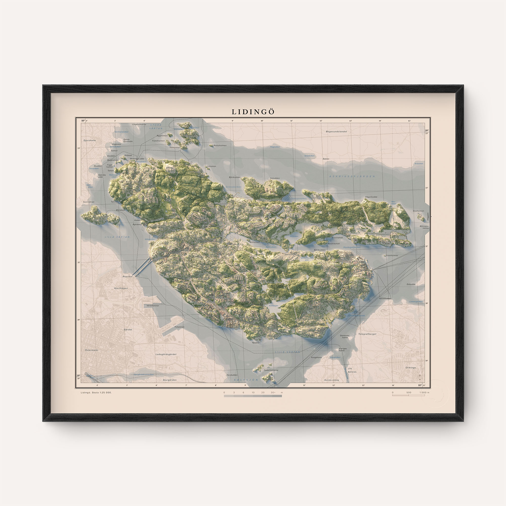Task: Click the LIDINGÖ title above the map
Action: coord(253,112)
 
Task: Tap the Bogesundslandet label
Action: coord(336,132)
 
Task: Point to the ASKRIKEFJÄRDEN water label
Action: coord(352,176)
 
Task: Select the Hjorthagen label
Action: coord(121,288)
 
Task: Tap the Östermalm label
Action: coord(91,350)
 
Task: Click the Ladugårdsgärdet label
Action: coord(166,354)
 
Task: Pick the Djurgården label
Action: coord(170,380)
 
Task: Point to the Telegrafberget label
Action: coord(367,334)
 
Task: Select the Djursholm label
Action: coord(90,140)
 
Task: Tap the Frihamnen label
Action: coord(179,327)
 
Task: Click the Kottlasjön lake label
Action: coord(273,306)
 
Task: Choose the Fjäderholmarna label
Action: coord(271,370)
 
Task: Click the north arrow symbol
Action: coord(420,376)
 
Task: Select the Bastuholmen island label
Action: coord(220,145)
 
